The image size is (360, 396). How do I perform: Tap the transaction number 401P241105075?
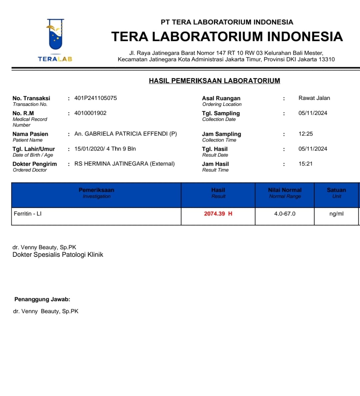pos(95,98)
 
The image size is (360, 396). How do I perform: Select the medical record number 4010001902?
pos(90,113)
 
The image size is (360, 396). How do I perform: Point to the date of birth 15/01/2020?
pos(89,149)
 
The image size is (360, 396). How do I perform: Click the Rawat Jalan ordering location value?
pos(314,98)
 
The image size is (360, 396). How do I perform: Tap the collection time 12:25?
pos(306,134)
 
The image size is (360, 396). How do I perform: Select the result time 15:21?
pos(305,164)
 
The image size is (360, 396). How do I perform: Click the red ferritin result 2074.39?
pos(215,214)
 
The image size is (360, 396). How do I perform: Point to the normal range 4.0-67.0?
pos(285,214)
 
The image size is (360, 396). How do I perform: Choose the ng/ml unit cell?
pos(336,214)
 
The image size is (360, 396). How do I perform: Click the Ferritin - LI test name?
pos(28,214)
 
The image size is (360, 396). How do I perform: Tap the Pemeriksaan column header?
pos(96,190)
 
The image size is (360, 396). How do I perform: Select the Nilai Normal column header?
pos(285,190)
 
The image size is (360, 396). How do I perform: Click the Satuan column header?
pos(336,190)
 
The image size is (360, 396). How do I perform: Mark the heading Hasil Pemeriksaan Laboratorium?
pos(214,81)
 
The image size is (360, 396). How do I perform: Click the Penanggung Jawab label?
pos(42,299)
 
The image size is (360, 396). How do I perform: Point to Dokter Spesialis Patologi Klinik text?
pos(58,255)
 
